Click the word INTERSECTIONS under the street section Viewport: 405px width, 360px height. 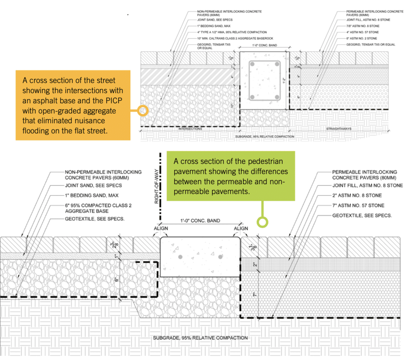[x=191, y=129]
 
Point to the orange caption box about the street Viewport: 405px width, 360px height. [x=73, y=105]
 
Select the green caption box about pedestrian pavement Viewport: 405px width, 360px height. [x=231, y=175]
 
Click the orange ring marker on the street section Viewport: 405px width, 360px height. [x=142, y=110]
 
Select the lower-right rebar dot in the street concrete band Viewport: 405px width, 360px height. [x=277, y=98]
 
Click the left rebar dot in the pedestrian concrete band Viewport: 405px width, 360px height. [x=180, y=257]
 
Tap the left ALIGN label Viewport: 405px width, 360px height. [x=160, y=228]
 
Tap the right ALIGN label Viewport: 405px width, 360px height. [x=241, y=228]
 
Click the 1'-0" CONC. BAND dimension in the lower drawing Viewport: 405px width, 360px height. [x=200, y=221]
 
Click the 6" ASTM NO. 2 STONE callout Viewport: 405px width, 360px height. [x=362, y=38]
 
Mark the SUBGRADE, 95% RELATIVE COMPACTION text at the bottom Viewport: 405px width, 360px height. [x=200, y=338]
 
